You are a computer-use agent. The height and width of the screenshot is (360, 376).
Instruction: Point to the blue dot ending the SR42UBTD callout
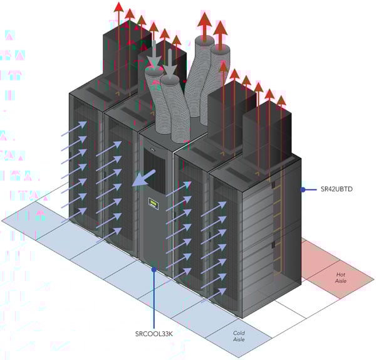point(303,189)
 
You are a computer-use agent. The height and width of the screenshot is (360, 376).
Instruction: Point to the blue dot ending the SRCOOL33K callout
point(154,270)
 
